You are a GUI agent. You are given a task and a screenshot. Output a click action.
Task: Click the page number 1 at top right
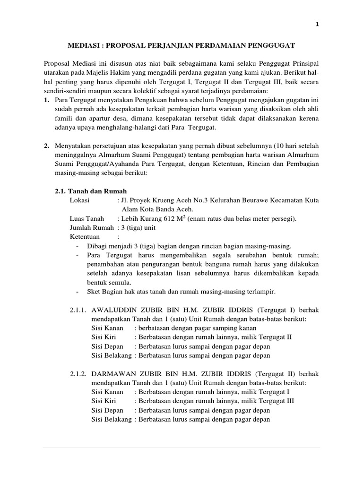317,26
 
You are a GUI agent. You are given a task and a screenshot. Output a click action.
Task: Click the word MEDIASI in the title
83,45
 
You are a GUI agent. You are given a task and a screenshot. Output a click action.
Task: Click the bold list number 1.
46,101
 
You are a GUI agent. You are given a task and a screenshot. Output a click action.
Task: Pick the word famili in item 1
64,119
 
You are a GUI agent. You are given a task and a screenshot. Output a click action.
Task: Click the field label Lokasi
79,200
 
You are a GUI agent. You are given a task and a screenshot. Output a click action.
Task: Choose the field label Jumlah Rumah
92,227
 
